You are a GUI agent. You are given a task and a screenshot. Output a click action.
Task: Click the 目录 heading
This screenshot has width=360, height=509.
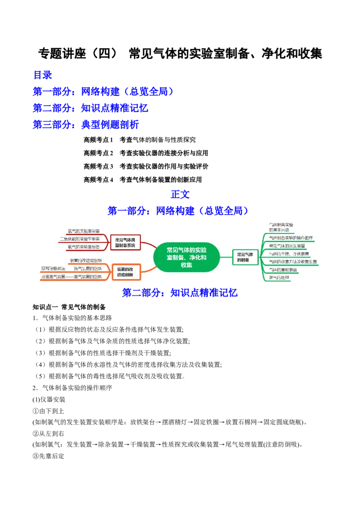(43, 74)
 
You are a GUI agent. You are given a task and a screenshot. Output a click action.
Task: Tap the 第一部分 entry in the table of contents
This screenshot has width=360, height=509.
(103, 92)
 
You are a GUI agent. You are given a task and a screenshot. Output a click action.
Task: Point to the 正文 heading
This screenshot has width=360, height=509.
(180, 194)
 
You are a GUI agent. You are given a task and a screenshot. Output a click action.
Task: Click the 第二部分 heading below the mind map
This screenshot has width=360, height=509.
(179, 293)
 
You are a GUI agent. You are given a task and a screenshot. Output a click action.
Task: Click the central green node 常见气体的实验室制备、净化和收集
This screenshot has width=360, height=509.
(186, 258)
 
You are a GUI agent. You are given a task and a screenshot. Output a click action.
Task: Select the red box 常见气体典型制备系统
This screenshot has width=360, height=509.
(125, 242)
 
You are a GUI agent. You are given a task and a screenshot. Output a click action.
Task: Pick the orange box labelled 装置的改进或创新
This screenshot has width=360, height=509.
(125, 272)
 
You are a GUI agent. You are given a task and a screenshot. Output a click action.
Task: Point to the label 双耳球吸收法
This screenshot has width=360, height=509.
(53, 268)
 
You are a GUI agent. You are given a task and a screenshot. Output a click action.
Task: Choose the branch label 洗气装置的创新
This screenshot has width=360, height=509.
(88, 268)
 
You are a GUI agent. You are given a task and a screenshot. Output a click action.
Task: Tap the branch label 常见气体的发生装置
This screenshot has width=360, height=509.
(287, 246)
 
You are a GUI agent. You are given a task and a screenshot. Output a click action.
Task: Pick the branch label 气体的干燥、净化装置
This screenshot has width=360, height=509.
(288, 254)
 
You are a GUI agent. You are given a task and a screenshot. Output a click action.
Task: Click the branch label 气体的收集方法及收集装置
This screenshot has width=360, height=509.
(292, 262)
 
